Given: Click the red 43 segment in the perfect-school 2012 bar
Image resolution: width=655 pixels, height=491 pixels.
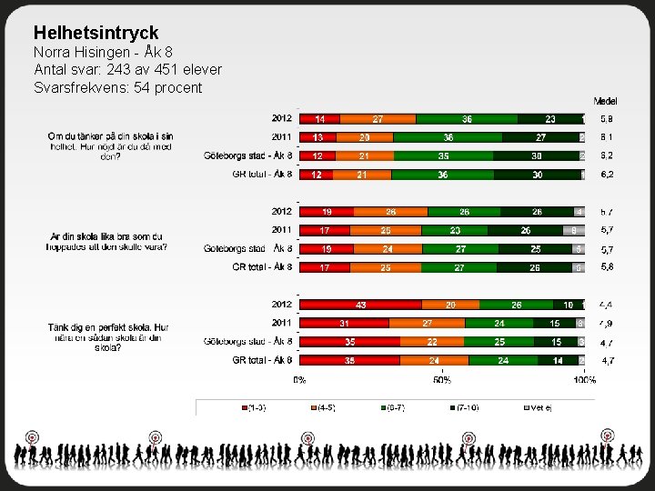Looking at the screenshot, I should (360, 305).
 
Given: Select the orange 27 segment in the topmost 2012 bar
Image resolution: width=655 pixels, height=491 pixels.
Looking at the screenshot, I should (378, 119).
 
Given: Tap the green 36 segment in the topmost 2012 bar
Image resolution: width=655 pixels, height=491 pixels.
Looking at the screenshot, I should (467, 119).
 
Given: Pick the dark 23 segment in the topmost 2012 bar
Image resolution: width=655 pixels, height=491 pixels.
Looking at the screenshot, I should (549, 119).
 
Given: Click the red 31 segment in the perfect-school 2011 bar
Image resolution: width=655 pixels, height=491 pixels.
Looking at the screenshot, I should (344, 323).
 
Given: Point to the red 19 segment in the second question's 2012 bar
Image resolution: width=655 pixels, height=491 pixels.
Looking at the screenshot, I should (327, 212).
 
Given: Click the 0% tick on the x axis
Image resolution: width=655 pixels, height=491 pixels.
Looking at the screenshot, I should (299, 380).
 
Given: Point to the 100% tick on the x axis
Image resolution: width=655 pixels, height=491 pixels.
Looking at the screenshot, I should (583, 380).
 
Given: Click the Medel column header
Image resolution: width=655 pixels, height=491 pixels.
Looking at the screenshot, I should (606, 100).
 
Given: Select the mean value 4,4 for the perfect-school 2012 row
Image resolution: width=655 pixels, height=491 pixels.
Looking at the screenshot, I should (606, 305).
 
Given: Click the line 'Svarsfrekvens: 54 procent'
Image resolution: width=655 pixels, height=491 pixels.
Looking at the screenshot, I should (117, 87).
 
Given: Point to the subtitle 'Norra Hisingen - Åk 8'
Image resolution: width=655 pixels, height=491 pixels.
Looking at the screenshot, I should (103, 52).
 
